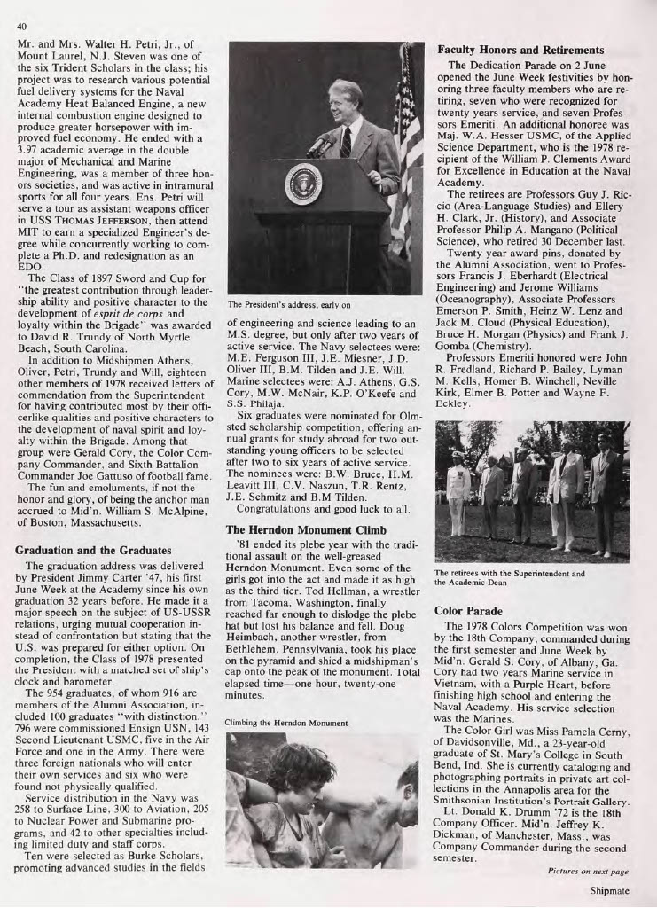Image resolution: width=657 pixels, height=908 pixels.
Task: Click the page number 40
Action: pos(21,25)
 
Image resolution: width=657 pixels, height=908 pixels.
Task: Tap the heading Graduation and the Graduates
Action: pos(93,550)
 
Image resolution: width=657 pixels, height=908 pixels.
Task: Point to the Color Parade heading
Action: pos(469,612)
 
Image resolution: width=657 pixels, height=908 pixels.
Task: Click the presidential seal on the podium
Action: pos(303,184)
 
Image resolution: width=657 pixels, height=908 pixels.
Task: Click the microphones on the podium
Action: pos(322,145)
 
